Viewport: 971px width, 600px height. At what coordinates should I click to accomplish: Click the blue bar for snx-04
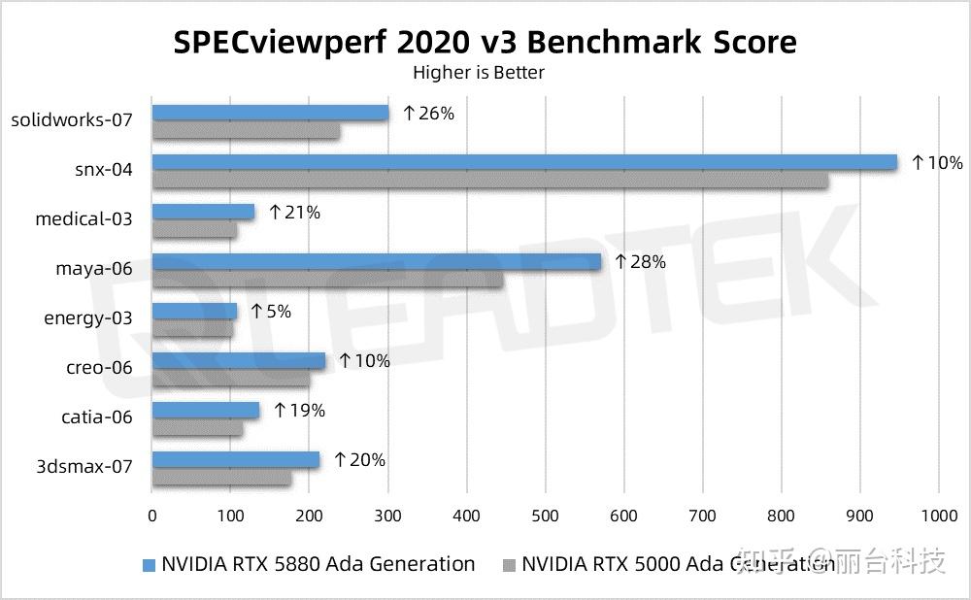pyautogui.click(x=524, y=162)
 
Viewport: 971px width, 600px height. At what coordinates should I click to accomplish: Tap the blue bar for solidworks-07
pyautogui.click(x=270, y=113)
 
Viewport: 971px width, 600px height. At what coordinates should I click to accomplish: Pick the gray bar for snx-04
pyautogui.click(x=490, y=180)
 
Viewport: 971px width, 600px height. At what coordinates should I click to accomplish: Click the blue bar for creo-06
pyautogui.click(x=239, y=360)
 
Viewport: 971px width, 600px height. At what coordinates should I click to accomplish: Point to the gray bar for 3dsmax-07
pyautogui.click(x=221, y=478)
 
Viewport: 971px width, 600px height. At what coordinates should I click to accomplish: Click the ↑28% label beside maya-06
pyautogui.click(x=640, y=262)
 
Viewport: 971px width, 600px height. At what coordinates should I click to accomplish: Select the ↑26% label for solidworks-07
pyautogui.click(x=428, y=114)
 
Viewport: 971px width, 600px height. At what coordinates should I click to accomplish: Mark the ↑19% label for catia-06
pyautogui.click(x=299, y=411)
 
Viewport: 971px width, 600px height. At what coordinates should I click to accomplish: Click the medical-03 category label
pyautogui.click(x=84, y=219)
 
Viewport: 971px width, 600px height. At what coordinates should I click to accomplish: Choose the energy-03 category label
pyautogui.click(x=88, y=318)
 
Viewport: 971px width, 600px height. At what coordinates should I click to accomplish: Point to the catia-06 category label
pyautogui.click(x=96, y=417)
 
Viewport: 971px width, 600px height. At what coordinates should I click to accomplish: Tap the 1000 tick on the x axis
pyautogui.click(x=938, y=517)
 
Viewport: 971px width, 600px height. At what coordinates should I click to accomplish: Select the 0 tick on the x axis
pyautogui.click(x=152, y=517)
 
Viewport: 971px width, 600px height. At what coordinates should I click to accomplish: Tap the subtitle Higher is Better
pyautogui.click(x=479, y=73)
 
